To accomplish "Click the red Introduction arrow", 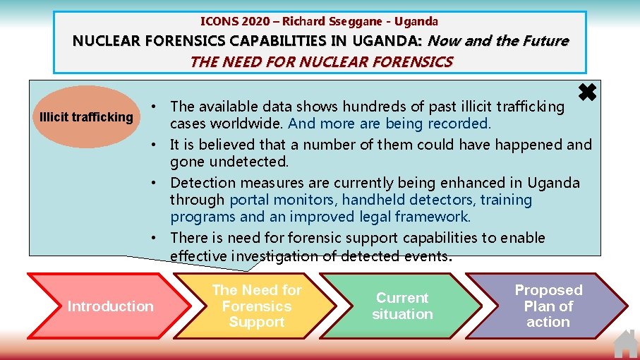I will (x=106, y=306).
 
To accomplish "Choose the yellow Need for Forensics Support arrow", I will (x=256, y=306).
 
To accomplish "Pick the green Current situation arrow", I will (x=402, y=306).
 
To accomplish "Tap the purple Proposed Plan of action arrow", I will (x=548, y=306).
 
